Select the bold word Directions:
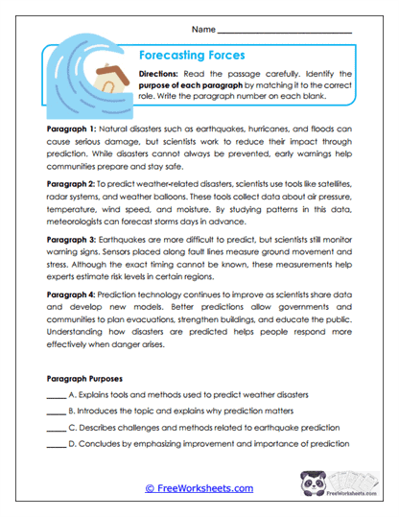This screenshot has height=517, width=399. point(162,73)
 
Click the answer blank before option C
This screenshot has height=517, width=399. point(55,429)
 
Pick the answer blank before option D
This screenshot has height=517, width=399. point(55,445)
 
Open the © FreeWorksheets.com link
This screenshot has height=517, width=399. point(199,488)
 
